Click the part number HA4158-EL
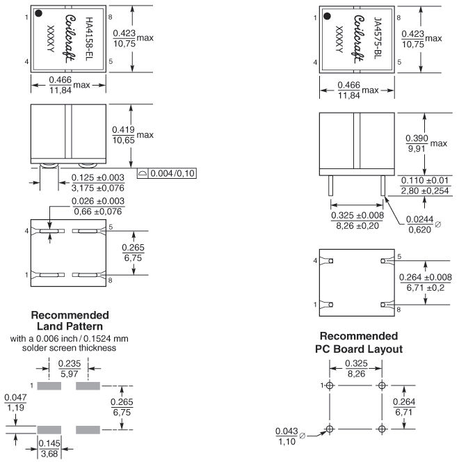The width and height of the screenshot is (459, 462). (89, 39)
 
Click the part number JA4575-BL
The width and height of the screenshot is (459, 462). (378, 38)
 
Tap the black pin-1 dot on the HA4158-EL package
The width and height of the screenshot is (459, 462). (38, 13)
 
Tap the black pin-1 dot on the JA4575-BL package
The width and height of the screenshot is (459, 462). (327, 16)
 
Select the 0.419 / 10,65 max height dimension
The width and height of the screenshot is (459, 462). (133, 135)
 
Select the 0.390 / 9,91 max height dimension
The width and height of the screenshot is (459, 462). (426, 143)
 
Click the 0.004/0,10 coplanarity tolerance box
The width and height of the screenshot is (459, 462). (167, 173)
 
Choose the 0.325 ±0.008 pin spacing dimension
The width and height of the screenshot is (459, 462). (357, 221)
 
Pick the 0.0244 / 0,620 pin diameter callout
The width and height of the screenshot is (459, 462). (424, 224)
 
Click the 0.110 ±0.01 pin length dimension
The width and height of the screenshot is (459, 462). (425, 185)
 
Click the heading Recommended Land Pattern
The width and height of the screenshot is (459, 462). (70, 321)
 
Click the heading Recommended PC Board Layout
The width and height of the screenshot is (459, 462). (359, 342)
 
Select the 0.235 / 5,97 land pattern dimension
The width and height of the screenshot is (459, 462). (70, 369)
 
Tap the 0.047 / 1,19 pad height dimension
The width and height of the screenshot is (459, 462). (15, 402)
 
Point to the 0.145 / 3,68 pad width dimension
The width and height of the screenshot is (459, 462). (49, 449)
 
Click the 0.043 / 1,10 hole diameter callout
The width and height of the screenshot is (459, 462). (287, 436)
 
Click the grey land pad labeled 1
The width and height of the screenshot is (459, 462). (49, 385)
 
